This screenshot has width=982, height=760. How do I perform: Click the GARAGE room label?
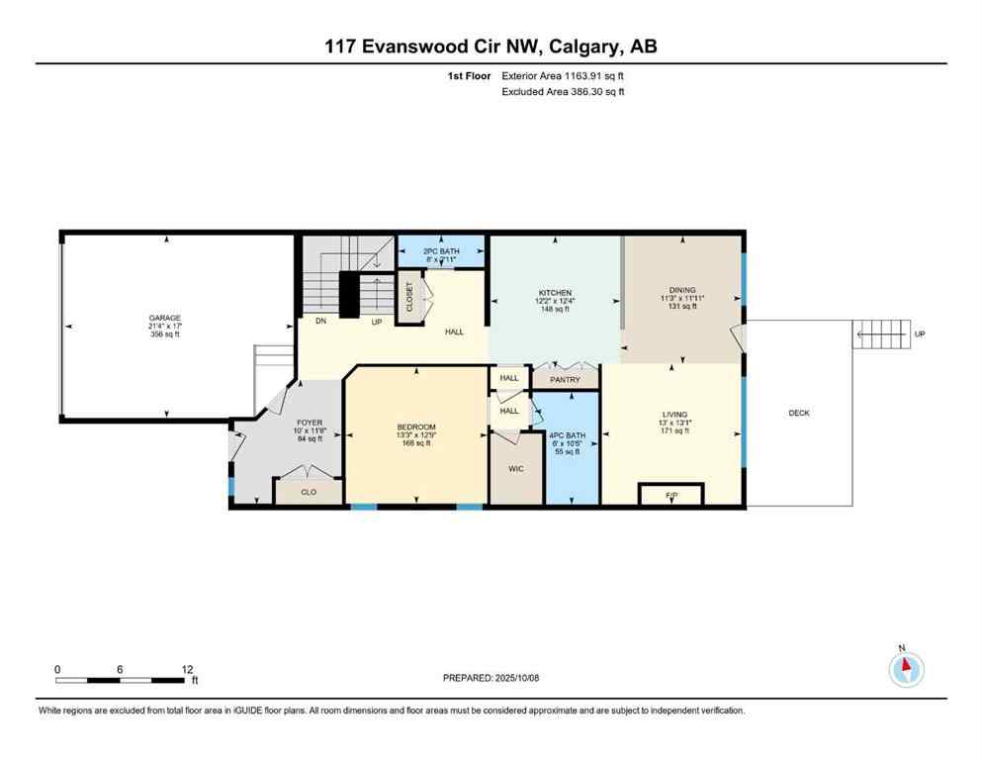pyautogui.click(x=164, y=318)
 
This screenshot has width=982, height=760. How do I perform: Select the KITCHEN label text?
pyautogui.click(x=555, y=293)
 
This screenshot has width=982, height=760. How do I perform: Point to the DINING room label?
pyautogui.click(x=682, y=290)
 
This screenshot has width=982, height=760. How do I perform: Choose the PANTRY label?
pyautogui.click(x=565, y=379)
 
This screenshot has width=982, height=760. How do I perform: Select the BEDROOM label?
pyautogui.click(x=415, y=428)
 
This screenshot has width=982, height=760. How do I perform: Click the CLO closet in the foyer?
pyautogui.click(x=309, y=492)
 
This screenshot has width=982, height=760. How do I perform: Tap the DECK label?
pyautogui.click(x=799, y=413)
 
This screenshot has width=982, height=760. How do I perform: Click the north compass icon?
pyautogui.click(x=906, y=669)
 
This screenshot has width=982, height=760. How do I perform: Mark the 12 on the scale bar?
pyautogui.click(x=188, y=669)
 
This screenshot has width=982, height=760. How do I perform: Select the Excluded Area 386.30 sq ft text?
pyautogui.click(x=563, y=91)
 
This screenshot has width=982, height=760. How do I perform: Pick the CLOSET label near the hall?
pyautogui.click(x=409, y=297)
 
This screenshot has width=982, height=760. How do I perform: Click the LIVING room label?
pyautogui.click(x=675, y=415)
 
